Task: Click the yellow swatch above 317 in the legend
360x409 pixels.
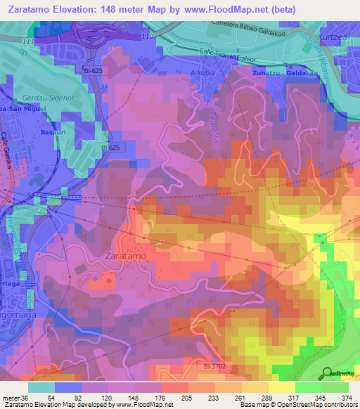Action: pos(282,387)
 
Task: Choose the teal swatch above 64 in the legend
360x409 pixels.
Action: pos(41,387)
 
